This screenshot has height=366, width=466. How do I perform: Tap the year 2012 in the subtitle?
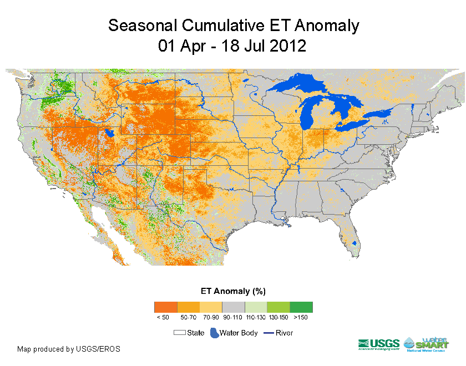pos(285,45)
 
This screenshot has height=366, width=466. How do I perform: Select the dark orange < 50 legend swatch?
pos(165,307)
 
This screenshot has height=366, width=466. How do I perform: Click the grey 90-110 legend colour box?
pos(233,307)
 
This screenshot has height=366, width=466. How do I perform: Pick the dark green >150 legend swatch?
pos(301,307)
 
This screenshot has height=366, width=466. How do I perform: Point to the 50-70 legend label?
pos(188,317)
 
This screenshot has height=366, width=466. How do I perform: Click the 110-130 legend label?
pos(256,317)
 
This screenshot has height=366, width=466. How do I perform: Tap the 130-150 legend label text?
pos(278,317)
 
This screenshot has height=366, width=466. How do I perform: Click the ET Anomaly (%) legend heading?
pos(232,291)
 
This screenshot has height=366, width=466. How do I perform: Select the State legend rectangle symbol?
pos(179,333)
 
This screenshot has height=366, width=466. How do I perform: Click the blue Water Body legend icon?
pos(214,333)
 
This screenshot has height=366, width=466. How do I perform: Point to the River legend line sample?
pos(269,333)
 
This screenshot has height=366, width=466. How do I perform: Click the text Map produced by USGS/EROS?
pos(68,349)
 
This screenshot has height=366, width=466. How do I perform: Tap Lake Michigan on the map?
pos(306,117)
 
